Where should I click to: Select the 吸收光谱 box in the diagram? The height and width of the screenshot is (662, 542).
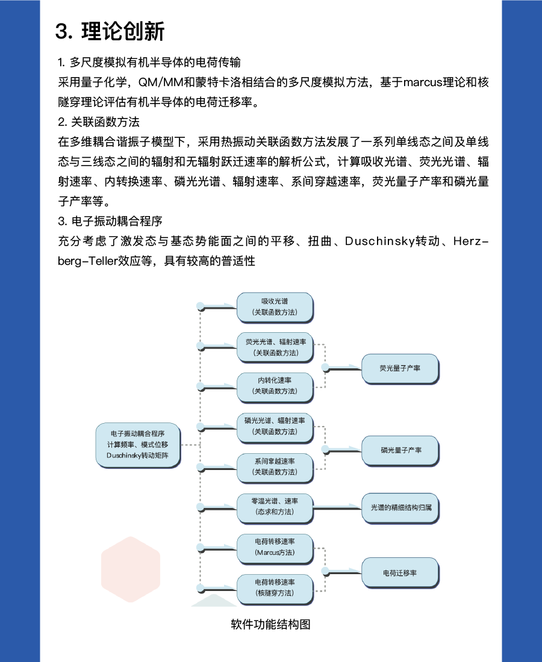[275, 306]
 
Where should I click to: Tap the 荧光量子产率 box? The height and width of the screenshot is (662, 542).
[400, 368]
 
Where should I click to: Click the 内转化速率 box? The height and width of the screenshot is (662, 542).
[275, 386]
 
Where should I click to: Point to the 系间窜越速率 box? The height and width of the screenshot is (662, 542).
[275, 466]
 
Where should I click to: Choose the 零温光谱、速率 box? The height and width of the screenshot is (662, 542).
[275, 506]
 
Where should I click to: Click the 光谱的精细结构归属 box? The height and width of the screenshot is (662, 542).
[400, 508]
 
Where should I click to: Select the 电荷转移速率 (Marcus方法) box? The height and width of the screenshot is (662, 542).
[275, 546]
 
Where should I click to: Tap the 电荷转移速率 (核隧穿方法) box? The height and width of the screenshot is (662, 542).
[275, 587]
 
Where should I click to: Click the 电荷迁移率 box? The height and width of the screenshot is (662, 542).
[400, 573]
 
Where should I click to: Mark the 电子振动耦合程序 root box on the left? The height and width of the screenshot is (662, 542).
[137, 445]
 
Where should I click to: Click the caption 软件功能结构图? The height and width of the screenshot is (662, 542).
[270, 624]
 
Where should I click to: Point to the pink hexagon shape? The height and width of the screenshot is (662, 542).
[130, 569]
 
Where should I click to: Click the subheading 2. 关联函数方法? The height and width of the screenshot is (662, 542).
[99, 122]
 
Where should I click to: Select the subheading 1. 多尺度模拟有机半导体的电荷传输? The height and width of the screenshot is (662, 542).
[149, 63]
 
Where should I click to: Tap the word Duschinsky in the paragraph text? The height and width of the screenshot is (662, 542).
[382, 241]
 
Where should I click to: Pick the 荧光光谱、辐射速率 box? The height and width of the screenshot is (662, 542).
[275, 347]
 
